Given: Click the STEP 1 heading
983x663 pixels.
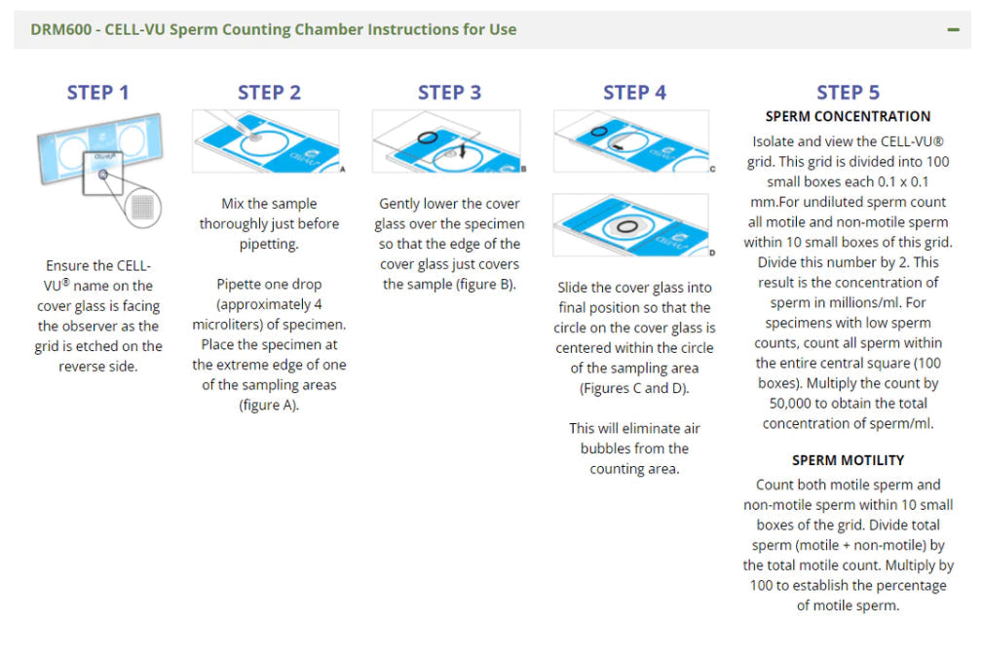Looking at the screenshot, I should tap(97, 93).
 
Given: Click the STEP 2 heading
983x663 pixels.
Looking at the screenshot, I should tap(270, 93).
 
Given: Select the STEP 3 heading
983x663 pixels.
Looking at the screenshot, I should tap(449, 93).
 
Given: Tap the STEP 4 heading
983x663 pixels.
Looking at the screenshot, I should tap(634, 93).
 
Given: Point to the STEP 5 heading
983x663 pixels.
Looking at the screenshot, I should tap(848, 93).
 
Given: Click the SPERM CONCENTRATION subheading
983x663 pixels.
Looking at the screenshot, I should tap(848, 116).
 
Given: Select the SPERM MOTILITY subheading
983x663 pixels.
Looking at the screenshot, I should tap(848, 460).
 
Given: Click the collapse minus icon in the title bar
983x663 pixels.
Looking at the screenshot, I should tap(953, 29).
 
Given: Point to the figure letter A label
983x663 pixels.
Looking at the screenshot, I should tap(342, 170).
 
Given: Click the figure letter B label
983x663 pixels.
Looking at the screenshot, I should tap(523, 169).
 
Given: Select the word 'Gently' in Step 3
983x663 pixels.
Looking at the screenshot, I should tap(403, 204).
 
